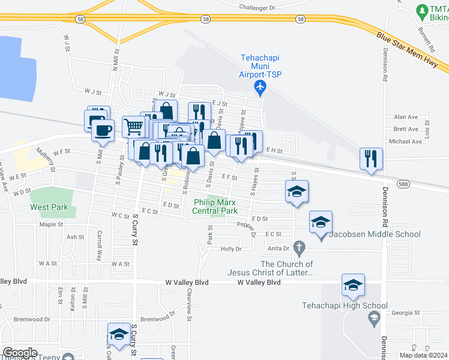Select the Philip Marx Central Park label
click(x=215, y=206)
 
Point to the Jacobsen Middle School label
click(x=374, y=233)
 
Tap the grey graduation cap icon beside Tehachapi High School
click(x=375, y=318)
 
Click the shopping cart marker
click(x=134, y=126)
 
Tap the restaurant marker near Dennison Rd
click(x=371, y=158)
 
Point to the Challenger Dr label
click(x=256, y=8)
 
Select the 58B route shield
click(x=403, y=184)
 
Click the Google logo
click(x=19, y=353)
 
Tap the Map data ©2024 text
click(x=423, y=355)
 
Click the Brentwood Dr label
click(x=157, y=320)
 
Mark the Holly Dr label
click(x=231, y=248)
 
